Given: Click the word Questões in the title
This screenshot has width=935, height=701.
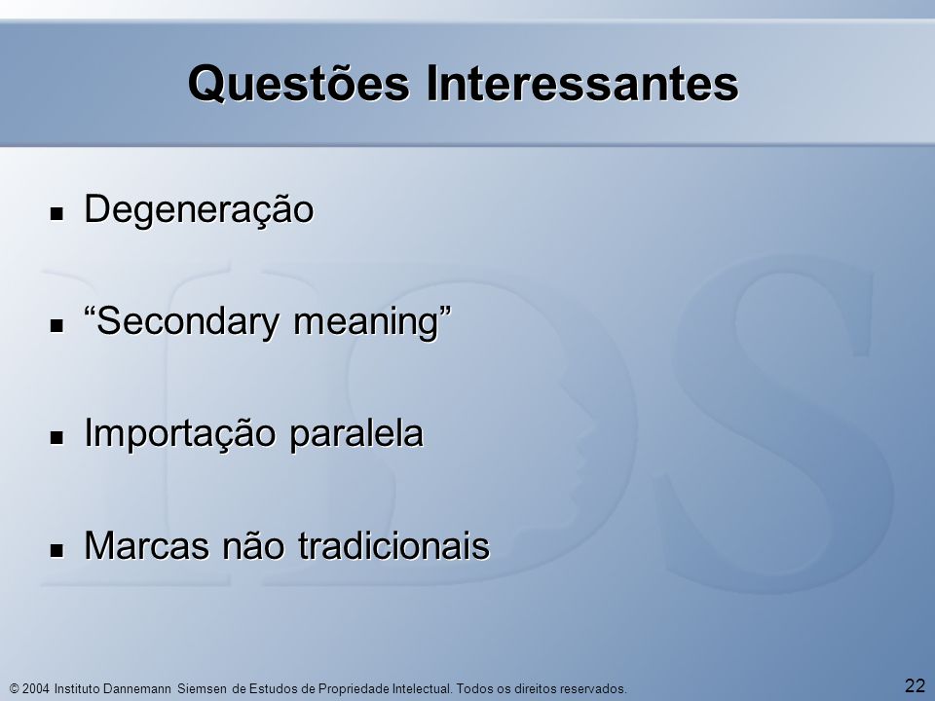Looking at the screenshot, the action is click(299, 84).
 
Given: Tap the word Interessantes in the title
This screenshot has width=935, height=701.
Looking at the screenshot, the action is click(582, 83).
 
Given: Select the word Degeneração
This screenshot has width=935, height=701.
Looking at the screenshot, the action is click(199, 210).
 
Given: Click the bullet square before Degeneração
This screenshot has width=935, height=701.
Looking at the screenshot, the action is click(56, 213).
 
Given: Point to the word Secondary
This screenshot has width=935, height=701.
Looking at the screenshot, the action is click(187, 322).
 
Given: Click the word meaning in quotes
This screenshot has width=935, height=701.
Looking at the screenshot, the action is click(366, 322).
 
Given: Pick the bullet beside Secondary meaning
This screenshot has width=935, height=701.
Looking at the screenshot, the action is click(56, 325).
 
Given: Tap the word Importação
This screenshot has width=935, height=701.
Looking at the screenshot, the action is click(179, 433).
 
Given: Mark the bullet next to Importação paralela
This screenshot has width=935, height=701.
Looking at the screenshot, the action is click(56, 437).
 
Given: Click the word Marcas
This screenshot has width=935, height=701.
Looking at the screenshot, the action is click(147, 545).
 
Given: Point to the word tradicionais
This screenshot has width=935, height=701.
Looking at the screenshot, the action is click(393, 545).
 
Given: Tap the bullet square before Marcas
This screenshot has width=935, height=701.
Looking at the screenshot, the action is click(56, 549).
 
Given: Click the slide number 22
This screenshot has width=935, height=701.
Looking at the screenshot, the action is click(915, 685).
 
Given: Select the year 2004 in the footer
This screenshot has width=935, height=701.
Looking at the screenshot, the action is click(36, 689).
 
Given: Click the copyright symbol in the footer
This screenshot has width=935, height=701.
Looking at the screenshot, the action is click(15, 689).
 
